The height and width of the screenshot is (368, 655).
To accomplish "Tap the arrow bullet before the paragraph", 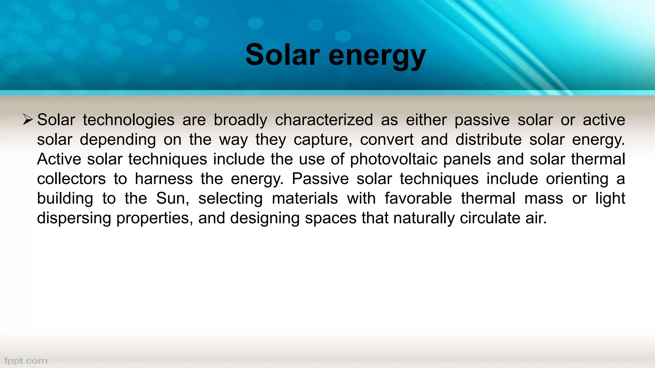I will tap(28, 120).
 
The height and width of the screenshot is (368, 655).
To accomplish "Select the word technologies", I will tap(129, 120).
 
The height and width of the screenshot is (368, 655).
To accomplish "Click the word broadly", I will tap(240, 120).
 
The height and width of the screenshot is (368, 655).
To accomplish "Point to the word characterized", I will tap(324, 120).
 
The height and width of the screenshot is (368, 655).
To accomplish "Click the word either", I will tap(426, 120).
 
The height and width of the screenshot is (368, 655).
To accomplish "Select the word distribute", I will tap(488, 140).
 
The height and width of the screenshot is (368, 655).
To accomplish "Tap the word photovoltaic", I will tap(394, 159).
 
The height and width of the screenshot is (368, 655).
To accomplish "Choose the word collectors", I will tap(71, 179).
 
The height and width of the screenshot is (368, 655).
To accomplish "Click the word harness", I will tap(164, 179).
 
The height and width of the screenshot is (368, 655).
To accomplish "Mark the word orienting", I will tap(577, 179).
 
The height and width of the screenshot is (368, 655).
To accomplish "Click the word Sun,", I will tap(173, 199).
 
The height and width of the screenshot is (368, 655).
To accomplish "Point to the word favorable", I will tap(418, 199).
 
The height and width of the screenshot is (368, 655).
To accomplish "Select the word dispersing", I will tap(74, 218).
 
